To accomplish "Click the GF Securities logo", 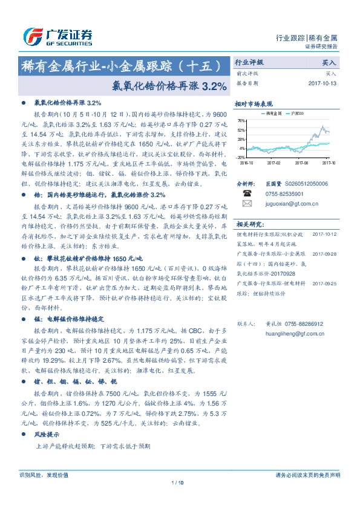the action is (57, 36).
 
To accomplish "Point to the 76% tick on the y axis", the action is (241, 121).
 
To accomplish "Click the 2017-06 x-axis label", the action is (302, 163).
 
